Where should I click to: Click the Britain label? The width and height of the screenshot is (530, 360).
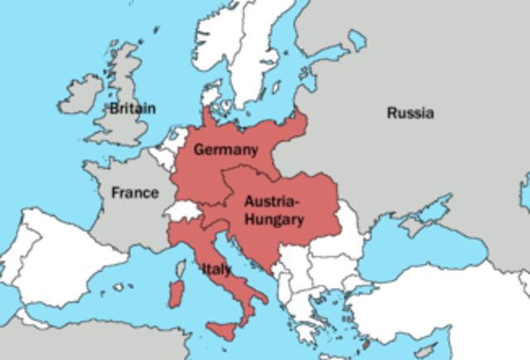(x=133, y=108)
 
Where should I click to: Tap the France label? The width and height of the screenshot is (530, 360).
(x=135, y=193)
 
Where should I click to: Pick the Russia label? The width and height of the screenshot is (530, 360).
(x=410, y=113)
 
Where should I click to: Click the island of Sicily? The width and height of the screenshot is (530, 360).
(x=222, y=330)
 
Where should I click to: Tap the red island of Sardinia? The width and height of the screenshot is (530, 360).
(x=175, y=292)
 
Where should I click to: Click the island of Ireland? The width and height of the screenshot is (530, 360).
(x=81, y=94)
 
